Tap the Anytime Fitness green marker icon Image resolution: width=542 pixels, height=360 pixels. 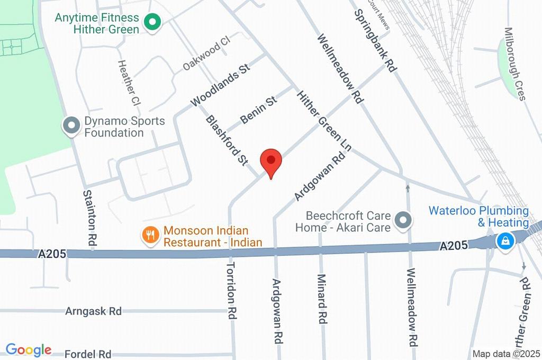pyautogui.click(x=153, y=23)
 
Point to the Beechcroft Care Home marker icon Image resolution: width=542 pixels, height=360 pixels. pyautogui.click(x=404, y=221)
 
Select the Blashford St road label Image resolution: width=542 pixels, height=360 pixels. pyautogui.click(x=227, y=140)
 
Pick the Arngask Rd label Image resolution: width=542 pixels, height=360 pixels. pyautogui.click(x=93, y=311)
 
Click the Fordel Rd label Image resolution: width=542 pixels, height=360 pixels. pyautogui.click(x=88, y=354)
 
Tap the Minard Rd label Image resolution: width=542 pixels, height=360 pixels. pyautogui.click(x=321, y=299)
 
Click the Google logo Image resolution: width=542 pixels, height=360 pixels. pyautogui.click(x=29, y=349)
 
